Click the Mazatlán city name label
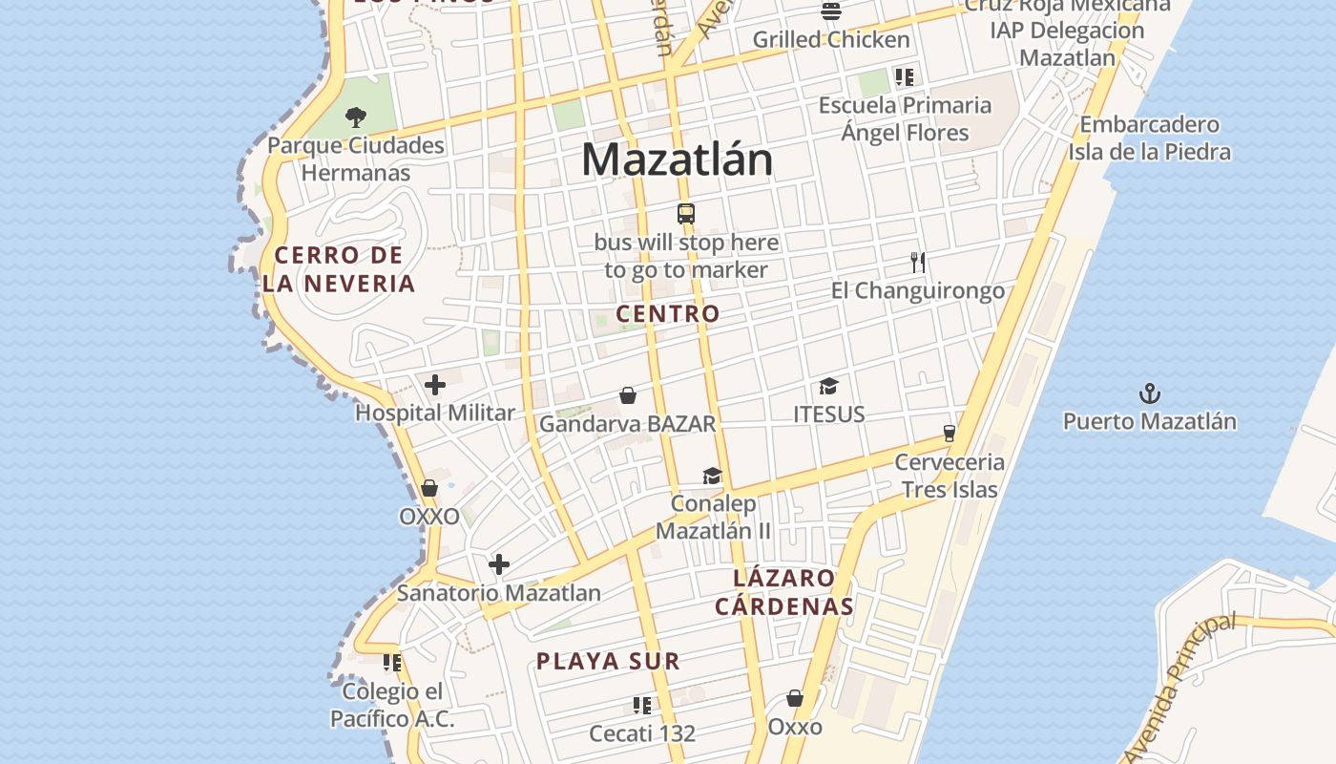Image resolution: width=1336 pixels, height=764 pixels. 677,159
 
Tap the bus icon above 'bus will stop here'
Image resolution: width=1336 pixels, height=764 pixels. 685,214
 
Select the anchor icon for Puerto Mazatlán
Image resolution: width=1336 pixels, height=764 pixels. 1150,393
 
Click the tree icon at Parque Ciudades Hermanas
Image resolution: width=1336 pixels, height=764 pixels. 355,117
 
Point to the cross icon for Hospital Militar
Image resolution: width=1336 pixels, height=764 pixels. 435,385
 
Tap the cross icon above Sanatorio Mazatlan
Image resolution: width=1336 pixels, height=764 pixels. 498,564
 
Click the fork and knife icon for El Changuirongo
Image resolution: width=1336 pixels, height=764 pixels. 918,263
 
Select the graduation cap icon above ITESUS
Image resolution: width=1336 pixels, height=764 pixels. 828,387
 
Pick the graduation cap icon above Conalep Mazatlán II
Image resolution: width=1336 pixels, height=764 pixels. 712,476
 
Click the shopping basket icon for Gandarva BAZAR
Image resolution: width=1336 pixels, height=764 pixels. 628,395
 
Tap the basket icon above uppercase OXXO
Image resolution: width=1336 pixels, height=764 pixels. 429,489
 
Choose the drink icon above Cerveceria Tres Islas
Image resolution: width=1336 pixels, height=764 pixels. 949,434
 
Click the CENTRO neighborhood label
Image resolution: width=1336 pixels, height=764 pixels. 668,313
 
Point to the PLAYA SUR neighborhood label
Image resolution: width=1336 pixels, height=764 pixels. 608,661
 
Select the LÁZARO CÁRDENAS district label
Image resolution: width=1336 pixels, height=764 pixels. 784,592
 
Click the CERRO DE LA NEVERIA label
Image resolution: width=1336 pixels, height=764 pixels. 339,269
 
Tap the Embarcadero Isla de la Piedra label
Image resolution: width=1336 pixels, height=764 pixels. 1149,138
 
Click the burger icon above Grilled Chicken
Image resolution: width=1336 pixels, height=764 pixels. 831,12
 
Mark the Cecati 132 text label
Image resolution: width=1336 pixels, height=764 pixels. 642,733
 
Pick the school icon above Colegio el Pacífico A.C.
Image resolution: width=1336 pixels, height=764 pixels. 392,662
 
